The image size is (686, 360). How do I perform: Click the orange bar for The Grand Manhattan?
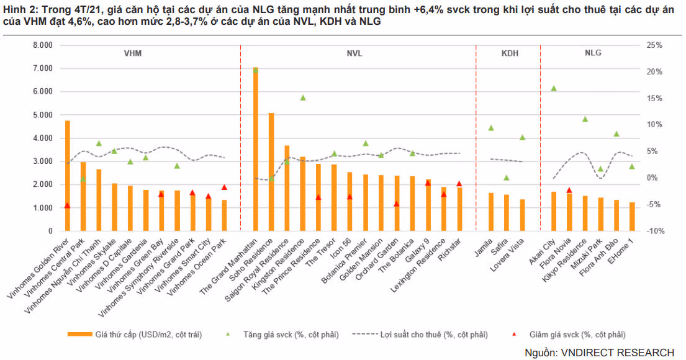(x=255, y=149)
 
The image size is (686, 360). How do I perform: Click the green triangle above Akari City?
(x=554, y=89)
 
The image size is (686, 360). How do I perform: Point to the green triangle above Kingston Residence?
(x=303, y=98)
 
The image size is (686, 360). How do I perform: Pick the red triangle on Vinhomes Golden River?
(x=67, y=205)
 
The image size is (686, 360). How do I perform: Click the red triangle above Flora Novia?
(x=569, y=191)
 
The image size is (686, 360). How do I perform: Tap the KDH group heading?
(x=510, y=53)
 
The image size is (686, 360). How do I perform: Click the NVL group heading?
(x=354, y=53)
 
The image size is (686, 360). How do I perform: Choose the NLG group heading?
(x=593, y=53)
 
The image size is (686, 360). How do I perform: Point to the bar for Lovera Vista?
(x=522, y=215)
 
